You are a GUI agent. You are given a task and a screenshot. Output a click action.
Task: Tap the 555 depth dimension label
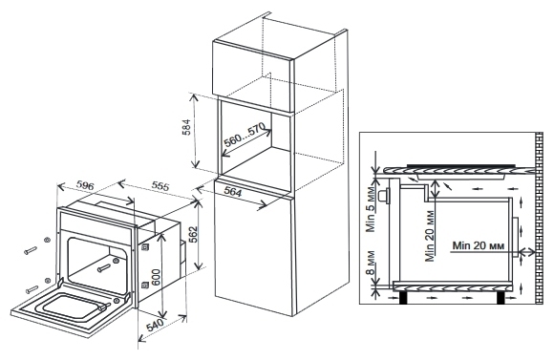pos(160,185)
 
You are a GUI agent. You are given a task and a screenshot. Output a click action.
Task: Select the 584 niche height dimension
pos(186,128)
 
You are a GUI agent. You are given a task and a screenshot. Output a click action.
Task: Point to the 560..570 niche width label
pos(245,136)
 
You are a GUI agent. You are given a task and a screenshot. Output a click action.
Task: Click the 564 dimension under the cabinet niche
pos(233,192)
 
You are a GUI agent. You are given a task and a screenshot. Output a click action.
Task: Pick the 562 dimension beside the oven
pos(194,235)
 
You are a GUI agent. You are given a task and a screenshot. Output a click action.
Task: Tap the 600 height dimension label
pos(156,278)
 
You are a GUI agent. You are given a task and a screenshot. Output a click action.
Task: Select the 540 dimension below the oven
pos(156,326)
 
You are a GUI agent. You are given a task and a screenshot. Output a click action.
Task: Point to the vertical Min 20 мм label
pos(430,236)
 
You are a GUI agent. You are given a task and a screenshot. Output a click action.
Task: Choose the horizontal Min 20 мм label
pos(479,245)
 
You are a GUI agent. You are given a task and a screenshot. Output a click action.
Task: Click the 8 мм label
pos(371,263)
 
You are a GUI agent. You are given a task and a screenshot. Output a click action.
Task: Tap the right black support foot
pos(501,298)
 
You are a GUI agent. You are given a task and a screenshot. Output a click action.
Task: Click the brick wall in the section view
pos(539,218)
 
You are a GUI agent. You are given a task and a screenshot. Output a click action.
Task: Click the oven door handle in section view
pos(383,196)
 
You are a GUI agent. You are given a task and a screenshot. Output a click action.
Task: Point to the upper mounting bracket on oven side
pos(144,248)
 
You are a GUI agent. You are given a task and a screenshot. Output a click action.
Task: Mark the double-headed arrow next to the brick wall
pos(527,251)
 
